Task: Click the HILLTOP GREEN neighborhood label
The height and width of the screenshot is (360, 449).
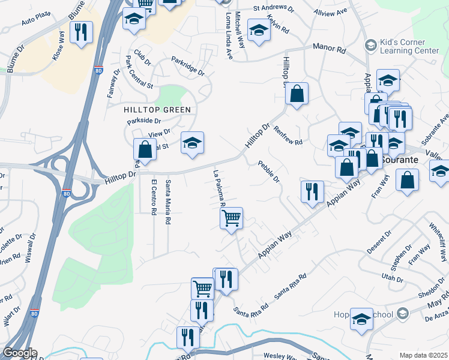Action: click(x=157, y=110)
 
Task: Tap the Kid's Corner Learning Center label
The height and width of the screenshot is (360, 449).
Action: click(x=410, y=47)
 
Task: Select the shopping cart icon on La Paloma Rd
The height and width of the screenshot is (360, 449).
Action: click(x=231, y=218)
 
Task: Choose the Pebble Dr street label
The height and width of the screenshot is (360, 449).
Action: click(x=269, y=171)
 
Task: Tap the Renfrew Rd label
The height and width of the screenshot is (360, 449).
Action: click(x=288, y=135)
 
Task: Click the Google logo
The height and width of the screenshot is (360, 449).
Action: click(x=19, y=353)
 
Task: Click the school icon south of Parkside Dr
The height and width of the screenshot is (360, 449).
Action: click(x=192, y=143)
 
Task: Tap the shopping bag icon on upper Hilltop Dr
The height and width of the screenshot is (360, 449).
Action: click(x=297, y=94)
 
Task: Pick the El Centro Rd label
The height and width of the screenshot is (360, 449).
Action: click(x=154, y=197)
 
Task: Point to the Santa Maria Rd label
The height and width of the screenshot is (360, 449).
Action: click(x=169, y=199)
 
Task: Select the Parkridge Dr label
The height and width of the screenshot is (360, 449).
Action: click(x=188, y=67)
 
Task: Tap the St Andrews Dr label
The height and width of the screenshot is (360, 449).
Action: click(x=273, y=9)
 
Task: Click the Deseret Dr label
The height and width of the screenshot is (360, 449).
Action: click(x=379, y=240)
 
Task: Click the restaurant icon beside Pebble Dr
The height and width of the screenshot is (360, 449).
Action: click(x=312, y=191)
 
